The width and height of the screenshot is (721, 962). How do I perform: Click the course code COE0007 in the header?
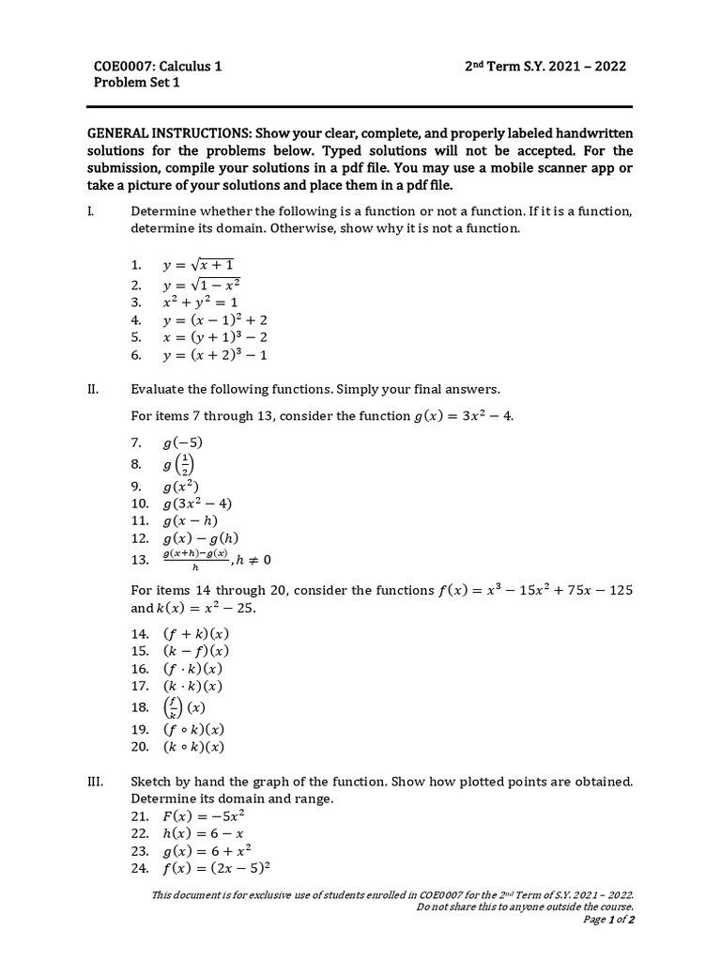click(125, 67)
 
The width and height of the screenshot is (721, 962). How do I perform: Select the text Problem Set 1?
click(136, 83)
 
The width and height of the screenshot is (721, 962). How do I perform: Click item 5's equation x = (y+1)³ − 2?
click(217, 337)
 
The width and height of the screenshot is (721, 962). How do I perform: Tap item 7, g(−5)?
click(182, 442)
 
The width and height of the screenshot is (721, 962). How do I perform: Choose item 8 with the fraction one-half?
click(181, 464)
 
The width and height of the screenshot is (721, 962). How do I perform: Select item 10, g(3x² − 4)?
click(197, 504)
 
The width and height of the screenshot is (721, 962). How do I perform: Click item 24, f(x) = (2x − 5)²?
click(217, 868)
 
